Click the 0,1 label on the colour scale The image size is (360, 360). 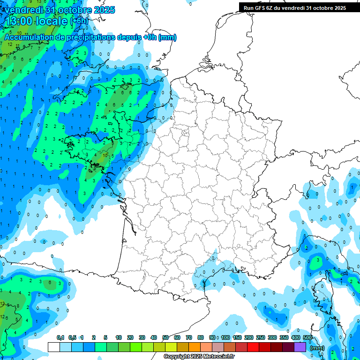[60, 337]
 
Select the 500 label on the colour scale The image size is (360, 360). [307, 337]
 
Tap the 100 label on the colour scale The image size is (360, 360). [225, 337]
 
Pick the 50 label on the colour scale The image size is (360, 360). [165, 337]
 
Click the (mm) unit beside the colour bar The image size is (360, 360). [317, 348]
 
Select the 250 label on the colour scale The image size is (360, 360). [261, 337]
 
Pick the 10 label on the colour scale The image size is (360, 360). [119, 337]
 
